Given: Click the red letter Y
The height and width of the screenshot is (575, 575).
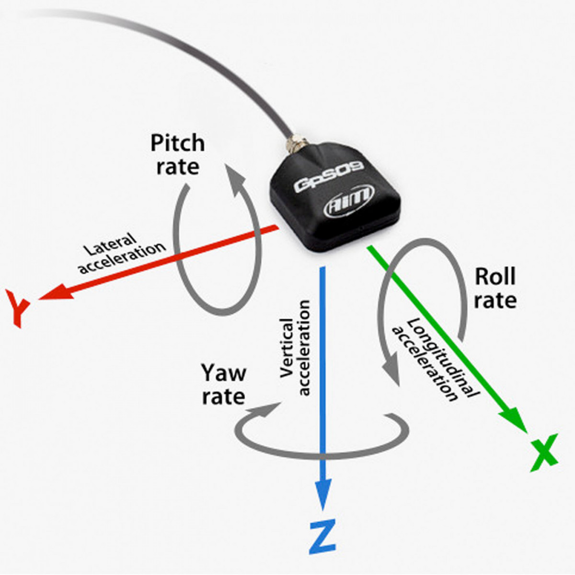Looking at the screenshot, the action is point(19,307).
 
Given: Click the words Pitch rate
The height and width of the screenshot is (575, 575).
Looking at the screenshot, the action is point(178,155).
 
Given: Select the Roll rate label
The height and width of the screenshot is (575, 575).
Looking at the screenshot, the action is point(495,288).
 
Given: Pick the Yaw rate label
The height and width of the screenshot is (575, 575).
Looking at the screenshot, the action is point(224,385).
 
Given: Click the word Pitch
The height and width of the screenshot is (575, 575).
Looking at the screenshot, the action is point(178,144).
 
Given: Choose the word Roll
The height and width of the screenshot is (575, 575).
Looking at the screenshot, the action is point(495,277).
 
